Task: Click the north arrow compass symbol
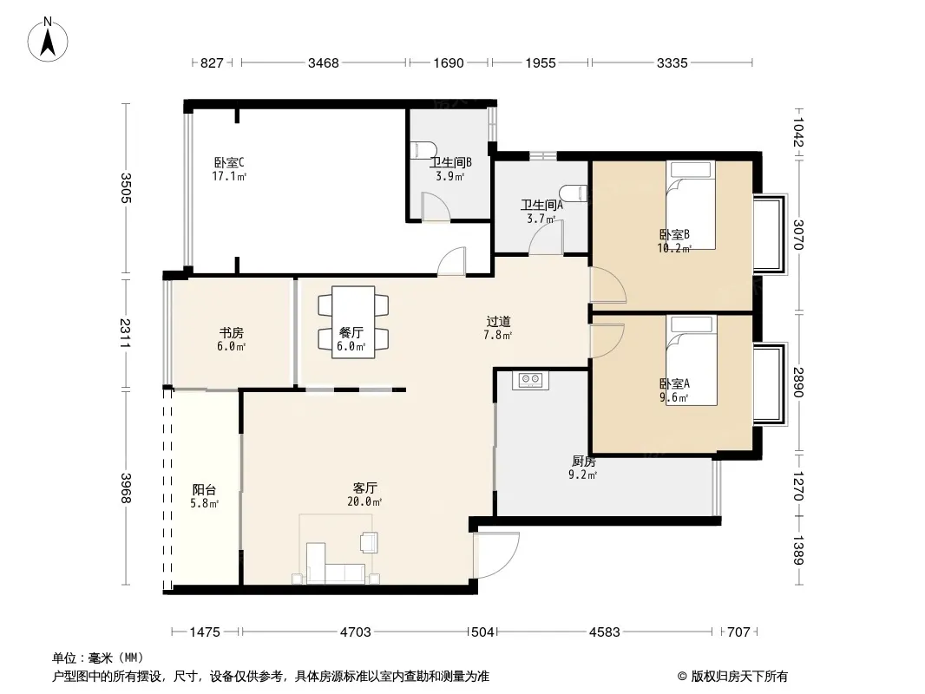tap(48, 40)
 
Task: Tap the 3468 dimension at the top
tap(324, 62)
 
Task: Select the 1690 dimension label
tap(449, 62)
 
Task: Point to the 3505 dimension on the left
tap(125, 187)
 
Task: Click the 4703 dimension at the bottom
tap(356, 632)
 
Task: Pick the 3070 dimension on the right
tap(798, 235)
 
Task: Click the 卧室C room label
tap(229, 162)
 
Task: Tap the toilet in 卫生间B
tap(423, 150)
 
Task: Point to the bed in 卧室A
tap(692, 360)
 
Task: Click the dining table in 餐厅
tap(353, 322)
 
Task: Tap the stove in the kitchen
tap(530, 380)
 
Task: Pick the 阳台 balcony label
tap(205, 489)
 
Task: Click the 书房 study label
tap(231, 332)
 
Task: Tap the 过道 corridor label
tap(498, 321)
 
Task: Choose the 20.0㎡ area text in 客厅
tap(364, 501)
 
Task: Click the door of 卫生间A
tap(547, 238)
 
